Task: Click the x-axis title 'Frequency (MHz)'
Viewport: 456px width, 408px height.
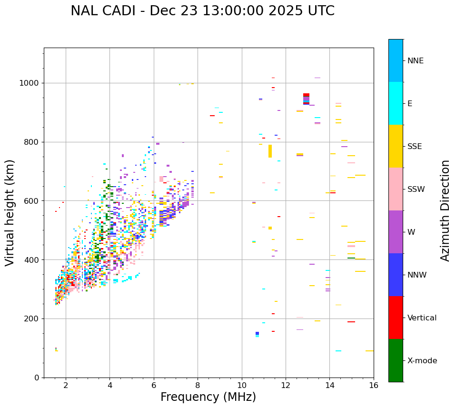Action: pyautogui.click(x=208, y=397)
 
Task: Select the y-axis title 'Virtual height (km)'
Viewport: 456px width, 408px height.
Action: pyautogui.click(x=10, y=213)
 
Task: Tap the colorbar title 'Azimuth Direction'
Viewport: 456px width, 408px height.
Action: pyautogui.click(x=445, y=210)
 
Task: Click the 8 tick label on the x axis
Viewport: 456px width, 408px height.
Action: pyautogui.click(x=198, y=385)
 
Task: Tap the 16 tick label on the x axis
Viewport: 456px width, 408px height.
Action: pyautogui.click(x=374, y=385)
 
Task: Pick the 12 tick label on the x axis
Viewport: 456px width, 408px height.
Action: pyautogui.click(x=286, y=385)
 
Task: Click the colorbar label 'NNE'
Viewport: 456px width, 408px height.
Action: pyautogui.click(x=415, y=61)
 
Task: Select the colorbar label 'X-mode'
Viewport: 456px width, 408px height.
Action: pyautogui.click(x=422, y=361)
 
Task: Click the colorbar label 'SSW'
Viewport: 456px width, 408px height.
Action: pyautogui.click(x=416, y=189)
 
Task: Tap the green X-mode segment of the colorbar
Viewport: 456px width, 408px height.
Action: pyautogui.click(x=396, y=360)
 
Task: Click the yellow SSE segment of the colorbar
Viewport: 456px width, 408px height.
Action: pyautogui.click(x=396, y=146)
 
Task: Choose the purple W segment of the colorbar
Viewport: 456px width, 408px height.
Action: pyautogui.click(x=396, y=232)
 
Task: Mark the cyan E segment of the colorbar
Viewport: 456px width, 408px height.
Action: pyautogui.click(x=396, y=103)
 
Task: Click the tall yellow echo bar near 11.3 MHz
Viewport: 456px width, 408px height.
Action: pyautogui.click(x=270, y=151)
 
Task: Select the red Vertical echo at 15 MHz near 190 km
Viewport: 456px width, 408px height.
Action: pyautogui.click(x=351, y=322)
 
